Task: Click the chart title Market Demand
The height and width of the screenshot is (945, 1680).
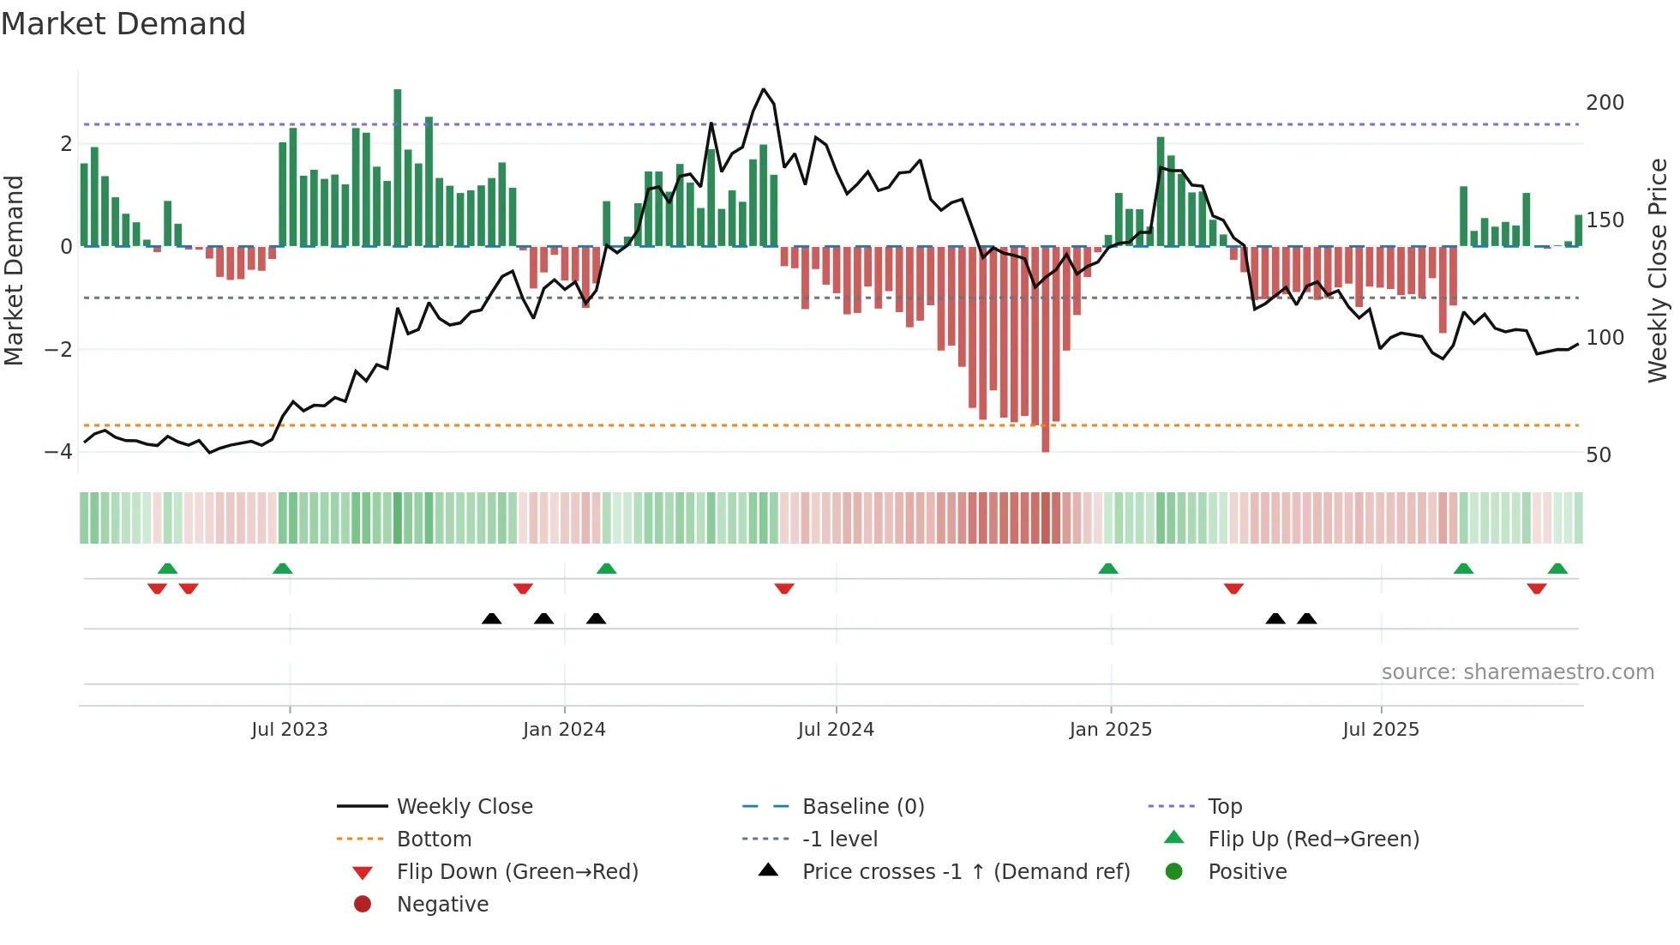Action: [x=123, y=24]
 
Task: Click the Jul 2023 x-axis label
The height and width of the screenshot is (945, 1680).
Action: [x=289, y=730]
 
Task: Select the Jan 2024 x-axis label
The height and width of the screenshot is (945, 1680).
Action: [x=564, y=730]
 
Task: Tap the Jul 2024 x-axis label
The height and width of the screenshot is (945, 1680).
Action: [x=836, y=730]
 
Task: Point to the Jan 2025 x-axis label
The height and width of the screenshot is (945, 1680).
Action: [x=1110, y=730]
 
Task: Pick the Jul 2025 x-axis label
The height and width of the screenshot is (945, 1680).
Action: [x=1381, y=730]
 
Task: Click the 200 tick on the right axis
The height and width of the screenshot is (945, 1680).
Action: [x=1605, y=103]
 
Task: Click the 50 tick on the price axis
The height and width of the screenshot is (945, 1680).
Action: [x=1598, y=455]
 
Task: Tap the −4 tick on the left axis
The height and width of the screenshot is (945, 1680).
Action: [x=58, y=452]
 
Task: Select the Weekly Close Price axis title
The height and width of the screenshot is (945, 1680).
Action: [x=1658, y=270]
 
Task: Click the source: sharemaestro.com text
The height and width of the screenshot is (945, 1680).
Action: [x=1517, y=672]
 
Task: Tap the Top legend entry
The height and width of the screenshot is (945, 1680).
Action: [x=1225, y=807]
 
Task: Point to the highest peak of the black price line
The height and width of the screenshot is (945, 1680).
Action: [x=763, y=89]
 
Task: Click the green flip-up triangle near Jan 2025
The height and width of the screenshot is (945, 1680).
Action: [x=1107, y=569]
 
